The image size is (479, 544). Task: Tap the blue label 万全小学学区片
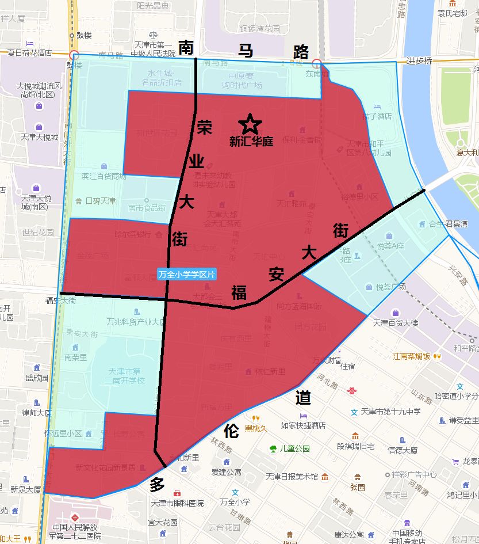click(187, 275)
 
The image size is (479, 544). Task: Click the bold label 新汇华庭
click(251, 142)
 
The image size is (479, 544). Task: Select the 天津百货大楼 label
click(396, 323)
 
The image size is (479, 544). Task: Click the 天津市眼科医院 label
click(177, 503)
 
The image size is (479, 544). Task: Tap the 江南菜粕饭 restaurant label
click(412, 356)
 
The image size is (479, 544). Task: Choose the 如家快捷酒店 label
click(303, 425)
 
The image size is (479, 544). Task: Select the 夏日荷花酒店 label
click(29, 52)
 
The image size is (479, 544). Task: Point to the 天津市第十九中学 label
click(390, 412)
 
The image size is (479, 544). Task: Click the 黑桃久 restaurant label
click(256, 428)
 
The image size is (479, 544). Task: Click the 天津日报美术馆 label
click(292, 477)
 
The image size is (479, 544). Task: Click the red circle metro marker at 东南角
click(317, 63)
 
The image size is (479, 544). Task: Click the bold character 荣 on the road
click(205, 127)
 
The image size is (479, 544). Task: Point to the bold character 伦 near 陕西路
click(231, 430)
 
